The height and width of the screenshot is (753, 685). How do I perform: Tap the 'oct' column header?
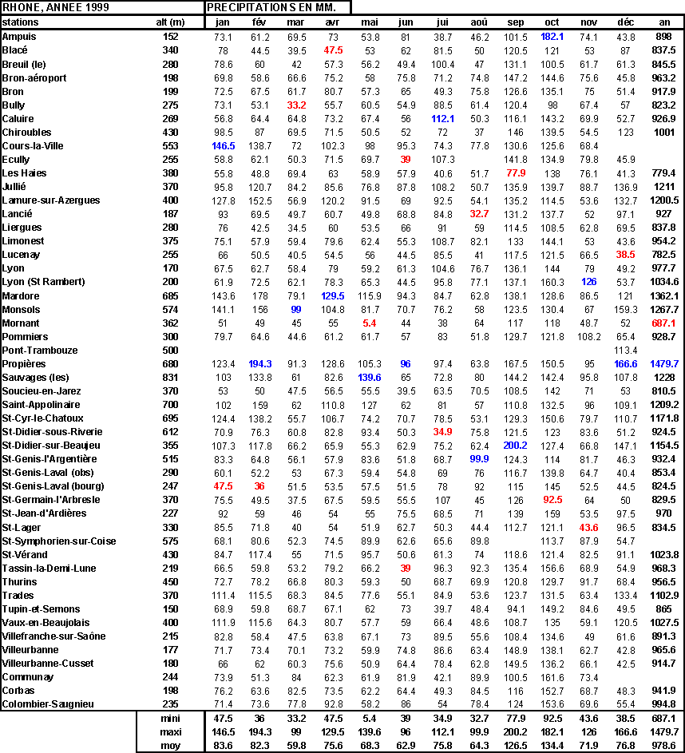tap(552, 22)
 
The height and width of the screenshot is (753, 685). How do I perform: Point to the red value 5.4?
tap(369, 323)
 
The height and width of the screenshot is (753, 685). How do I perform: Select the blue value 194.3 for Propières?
tap(260, 363)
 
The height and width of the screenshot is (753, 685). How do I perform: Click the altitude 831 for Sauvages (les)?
tap(170, 377)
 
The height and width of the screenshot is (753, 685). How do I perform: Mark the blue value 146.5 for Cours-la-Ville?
tap(223, 146)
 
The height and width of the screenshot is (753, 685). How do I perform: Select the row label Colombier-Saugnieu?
tap(48, 703)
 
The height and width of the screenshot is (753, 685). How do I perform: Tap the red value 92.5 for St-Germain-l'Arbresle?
tap(552, 499)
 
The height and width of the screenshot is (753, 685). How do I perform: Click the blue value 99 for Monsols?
tap(296, 309)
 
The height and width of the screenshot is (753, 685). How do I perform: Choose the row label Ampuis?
tap(19, 37)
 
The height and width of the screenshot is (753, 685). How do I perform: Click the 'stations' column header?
tap(20, 22)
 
